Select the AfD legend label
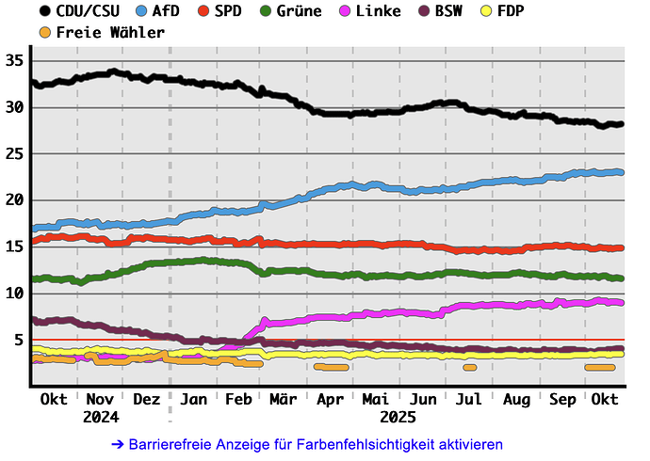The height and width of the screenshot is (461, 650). coord(167,11)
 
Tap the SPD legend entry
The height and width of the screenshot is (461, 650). coord(227,11)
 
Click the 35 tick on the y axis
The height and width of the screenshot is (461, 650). coord(14,60)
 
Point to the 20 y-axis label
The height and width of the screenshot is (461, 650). coord(14,199)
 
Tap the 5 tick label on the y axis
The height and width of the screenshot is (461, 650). coord(19,339)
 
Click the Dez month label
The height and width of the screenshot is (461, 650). coord(147,399)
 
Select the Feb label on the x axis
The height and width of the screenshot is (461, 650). coord(238,399)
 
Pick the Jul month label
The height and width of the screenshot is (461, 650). coord(469,399)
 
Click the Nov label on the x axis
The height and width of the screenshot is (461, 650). coord(100,399)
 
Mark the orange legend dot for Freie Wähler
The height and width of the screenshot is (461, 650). coord(45,32)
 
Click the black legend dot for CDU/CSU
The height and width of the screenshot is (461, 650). coord(45,11)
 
